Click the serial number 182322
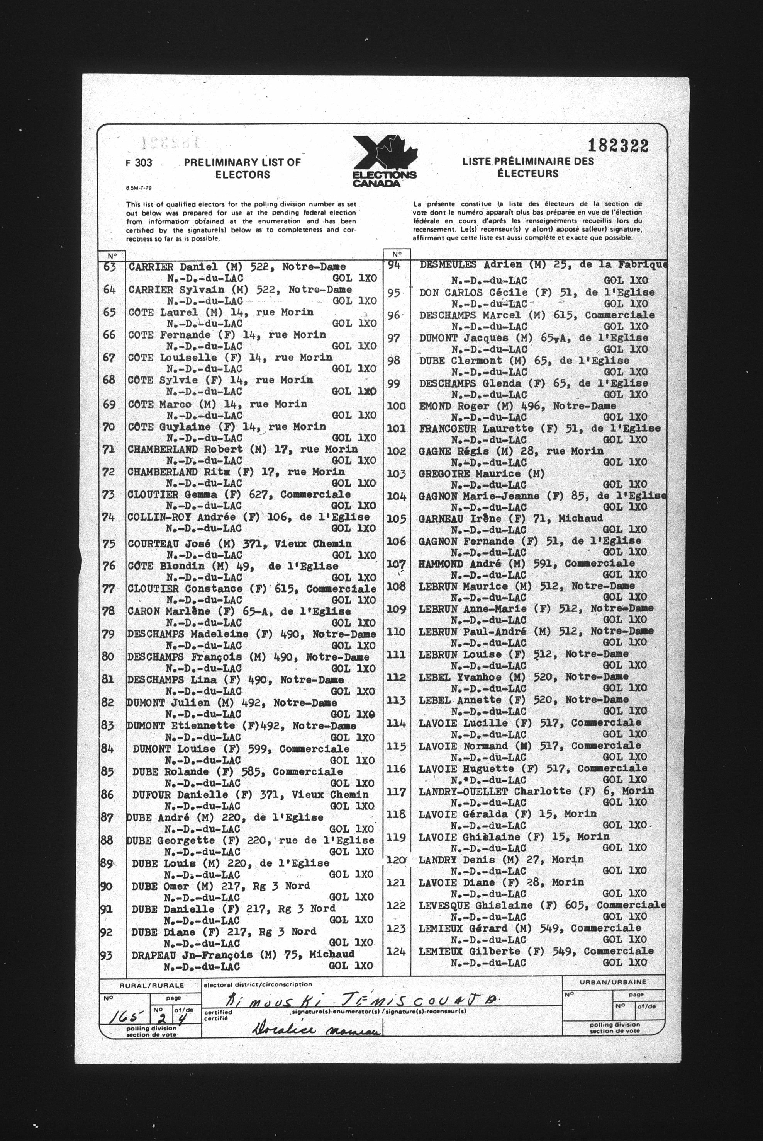click(x=618, y=145)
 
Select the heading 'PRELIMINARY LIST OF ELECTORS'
click(x=242, y=169)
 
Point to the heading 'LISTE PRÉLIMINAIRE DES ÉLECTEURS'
click(x=528, y=167)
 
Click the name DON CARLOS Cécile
click(x=466, y=293)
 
